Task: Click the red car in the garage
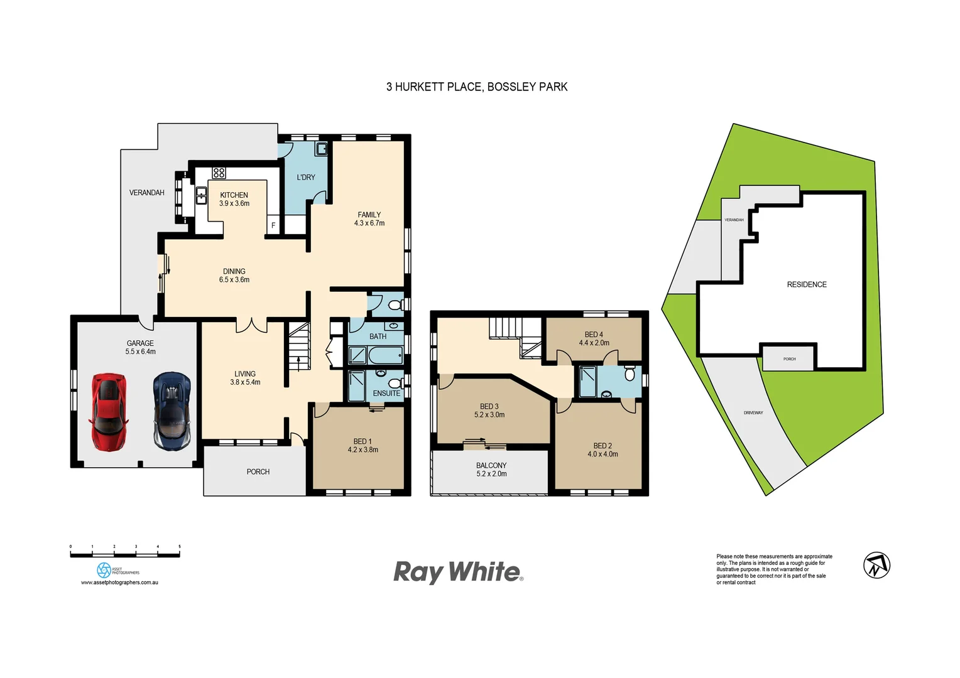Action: [x=109, y=411]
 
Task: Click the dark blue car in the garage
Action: [x=172, y=411]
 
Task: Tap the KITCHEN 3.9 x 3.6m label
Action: [x=234, y=199]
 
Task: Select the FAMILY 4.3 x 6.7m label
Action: [x=369, y=218]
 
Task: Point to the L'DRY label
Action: [x=306, y=178]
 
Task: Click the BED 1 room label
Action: [x=363, y=445]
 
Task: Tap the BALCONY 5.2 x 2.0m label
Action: [x=491, y=470]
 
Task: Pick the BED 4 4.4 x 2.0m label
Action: [x=594, y=338]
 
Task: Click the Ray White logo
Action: [x=458, y=572]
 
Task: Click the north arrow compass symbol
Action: [x=876, y=565]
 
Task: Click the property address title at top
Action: [x=476, y=87]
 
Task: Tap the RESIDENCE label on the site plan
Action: [x=807, y=284]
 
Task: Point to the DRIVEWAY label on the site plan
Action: [x=753, y=412]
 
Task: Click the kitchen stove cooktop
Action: [x=219, y=173]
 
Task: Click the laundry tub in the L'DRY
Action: [x=321, y=149]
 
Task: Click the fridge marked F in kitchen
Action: [x=273, y=225]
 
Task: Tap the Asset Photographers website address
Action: [x=119, y=583]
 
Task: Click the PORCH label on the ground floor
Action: [x=258, y=471]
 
